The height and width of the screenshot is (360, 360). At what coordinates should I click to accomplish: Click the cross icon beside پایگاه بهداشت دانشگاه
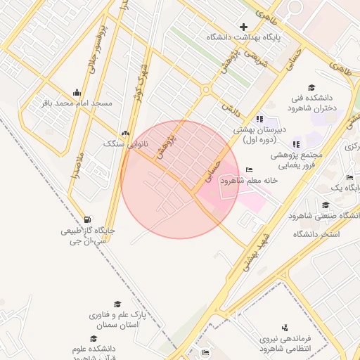[x=243, y=27]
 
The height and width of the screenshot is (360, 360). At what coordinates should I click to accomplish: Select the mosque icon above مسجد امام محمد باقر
[x=77, y=92]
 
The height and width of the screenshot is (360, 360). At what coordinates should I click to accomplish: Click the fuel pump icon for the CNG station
[x=86, y=219]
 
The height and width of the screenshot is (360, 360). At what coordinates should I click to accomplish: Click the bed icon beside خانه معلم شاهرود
[x=249, y=169]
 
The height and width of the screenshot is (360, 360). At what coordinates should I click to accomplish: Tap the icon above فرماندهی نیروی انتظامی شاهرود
[x=285, y=328]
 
